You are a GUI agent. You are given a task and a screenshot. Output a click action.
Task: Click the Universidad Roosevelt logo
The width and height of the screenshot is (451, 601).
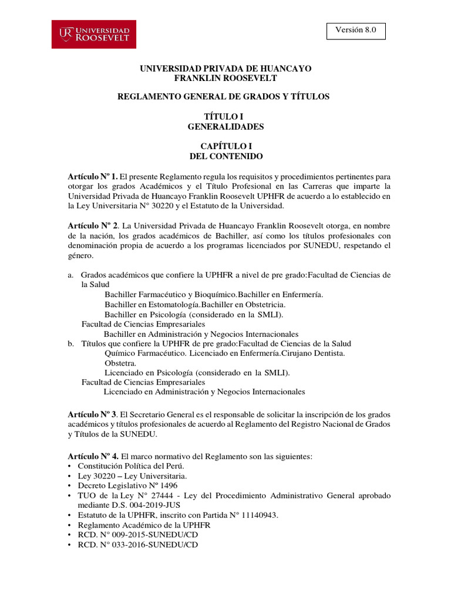(x=94, y=35)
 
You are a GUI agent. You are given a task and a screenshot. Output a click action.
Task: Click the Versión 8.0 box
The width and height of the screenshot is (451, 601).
(x=356, y=31)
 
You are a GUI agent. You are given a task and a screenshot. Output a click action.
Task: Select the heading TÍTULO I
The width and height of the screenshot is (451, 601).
(x=226, y=117)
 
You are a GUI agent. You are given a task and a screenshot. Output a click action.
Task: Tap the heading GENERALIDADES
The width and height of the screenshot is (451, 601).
(x=226, y=127)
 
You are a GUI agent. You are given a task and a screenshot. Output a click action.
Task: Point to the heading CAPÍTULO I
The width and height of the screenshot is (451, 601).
(x=226, y=147)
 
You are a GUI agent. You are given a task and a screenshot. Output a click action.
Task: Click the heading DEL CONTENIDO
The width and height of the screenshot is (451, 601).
(x=226, y=157)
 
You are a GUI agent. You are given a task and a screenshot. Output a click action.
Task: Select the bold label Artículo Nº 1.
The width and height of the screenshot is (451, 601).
(x=93, y=176)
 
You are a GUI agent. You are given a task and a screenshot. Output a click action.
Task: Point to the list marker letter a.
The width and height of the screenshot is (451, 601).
(x=70, y=275)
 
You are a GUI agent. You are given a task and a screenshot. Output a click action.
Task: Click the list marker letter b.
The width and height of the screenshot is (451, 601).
(x=70, y=343)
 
